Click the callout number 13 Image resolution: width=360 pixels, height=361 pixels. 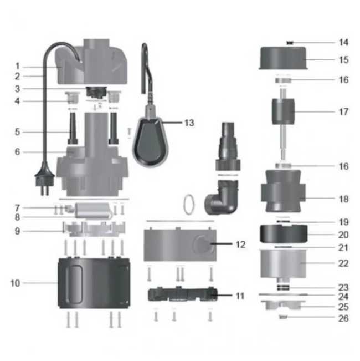(189, 123)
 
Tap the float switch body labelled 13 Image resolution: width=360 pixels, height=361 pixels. (150, 141)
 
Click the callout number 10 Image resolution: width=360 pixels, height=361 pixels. (15, 283)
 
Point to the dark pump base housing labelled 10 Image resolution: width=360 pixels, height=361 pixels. (94, 283)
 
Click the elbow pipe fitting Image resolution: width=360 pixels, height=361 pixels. (221, 197)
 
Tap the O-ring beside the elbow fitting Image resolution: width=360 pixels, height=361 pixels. (189, 205)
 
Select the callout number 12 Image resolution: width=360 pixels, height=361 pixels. (241, 245)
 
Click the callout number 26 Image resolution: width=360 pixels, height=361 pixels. (343, 318)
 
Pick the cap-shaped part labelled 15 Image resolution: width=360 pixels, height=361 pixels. (283, 58)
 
